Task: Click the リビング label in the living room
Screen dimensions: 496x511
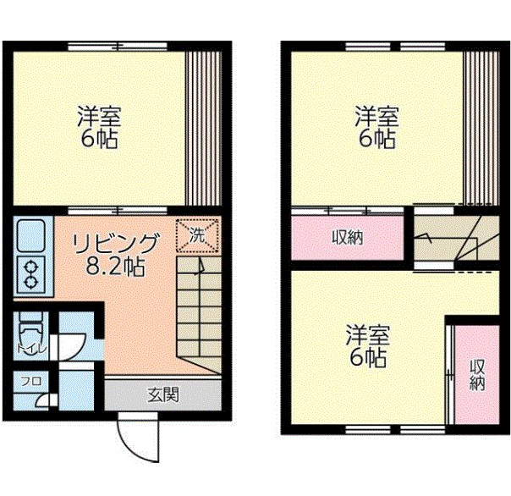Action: click(x=115, y=243)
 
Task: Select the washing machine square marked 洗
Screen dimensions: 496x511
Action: click(x=196, y=235)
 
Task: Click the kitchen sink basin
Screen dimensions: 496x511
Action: click(x=30, y=234)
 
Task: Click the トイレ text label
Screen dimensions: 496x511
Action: click(x=23, y=347)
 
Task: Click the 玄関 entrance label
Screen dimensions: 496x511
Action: click(x=161, y=394)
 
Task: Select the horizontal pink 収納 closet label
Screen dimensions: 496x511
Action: click(x=347, y=238)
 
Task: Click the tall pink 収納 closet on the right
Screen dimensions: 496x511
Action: click(x=477, y=374)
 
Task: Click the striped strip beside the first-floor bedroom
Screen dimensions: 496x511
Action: click(x=203, y=127)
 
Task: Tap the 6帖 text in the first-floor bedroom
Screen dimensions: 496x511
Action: click(x=99, y=139)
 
